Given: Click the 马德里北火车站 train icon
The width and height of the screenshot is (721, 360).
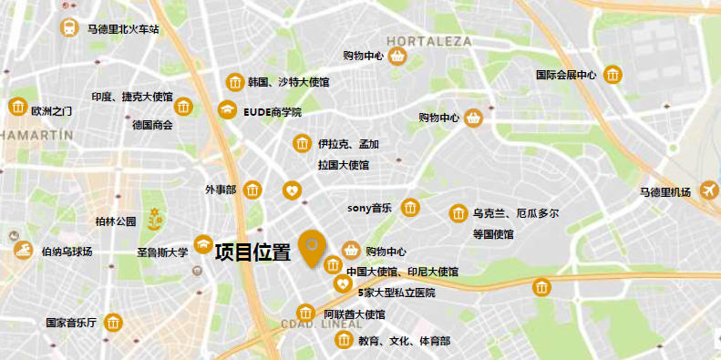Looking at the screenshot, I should [x=69, y=27].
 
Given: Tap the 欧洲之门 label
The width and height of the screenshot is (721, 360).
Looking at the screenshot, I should [x=51, y=110].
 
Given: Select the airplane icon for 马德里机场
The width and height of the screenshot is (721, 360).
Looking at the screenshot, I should [x=707, y=190].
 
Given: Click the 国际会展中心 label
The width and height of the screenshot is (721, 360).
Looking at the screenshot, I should [x=565, y=76].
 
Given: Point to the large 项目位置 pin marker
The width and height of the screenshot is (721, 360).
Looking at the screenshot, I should [x=314, y=249].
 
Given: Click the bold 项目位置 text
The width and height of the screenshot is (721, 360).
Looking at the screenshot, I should [x=252, y=252].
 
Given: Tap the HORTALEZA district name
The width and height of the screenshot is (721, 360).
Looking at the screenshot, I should [x=429, y=41].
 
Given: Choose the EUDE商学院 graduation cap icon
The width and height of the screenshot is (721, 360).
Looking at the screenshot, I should [x=226, y=110].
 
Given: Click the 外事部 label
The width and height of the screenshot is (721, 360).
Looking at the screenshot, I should [x=220, y=190].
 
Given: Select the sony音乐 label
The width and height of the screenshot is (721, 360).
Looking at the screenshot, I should [x=369, y=208].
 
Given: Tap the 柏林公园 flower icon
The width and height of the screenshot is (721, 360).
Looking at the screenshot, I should [x=155, y=219].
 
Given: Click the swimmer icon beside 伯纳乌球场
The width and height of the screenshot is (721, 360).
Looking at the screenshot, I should [x=20, y=249].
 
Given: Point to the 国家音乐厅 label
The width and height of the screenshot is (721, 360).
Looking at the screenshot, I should [x=72, y=323].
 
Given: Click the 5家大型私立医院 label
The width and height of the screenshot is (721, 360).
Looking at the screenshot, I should [x=397, y=293].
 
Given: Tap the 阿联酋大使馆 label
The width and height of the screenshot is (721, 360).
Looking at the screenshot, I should [x=355, y=314].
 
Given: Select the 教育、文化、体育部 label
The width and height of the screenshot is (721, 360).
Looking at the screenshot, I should [x=404, y=341].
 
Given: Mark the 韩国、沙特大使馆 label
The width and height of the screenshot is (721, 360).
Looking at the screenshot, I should [x=288, y=83].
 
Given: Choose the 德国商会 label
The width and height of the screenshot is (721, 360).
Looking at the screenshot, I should [x=151, y=125].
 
